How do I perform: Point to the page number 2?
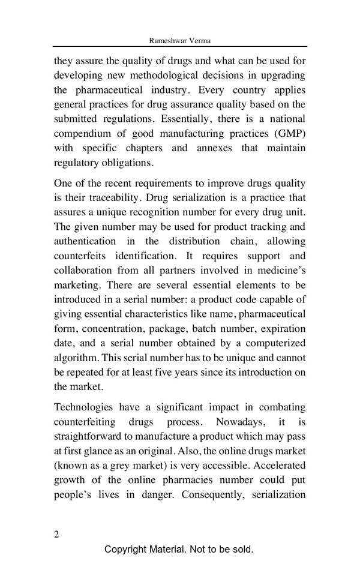(56, 535)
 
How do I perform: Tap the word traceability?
(111, 197)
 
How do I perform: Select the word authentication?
(85, 241)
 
